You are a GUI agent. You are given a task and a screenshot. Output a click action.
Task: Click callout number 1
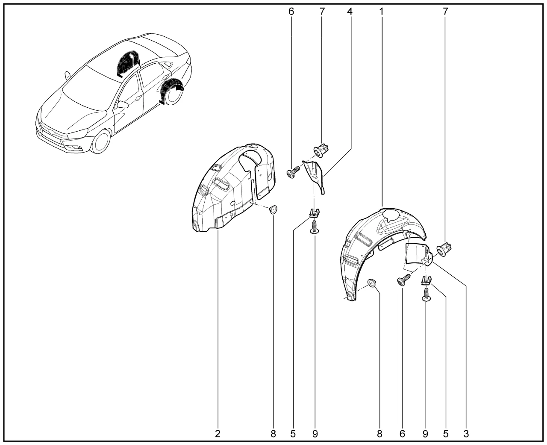(x=381, y=11)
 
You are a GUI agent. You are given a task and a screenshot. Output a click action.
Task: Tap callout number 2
(x=218, y=434)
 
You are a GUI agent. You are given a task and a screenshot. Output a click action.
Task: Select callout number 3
(x=466, y=434)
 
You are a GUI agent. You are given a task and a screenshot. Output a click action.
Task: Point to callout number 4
(x=350, y=11)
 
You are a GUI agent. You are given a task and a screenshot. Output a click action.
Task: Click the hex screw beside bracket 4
(x=293, y=171)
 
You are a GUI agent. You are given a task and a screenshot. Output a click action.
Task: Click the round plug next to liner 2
(x=273, y=209)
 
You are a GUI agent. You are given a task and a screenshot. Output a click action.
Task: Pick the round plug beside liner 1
(x=372, y=283)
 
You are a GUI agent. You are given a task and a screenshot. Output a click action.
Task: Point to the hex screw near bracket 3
(x=404, y=279)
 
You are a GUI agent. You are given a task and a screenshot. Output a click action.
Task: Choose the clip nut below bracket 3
(x=426, y=280)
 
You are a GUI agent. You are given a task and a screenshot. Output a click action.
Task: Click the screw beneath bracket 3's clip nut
(x=426, y=295)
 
